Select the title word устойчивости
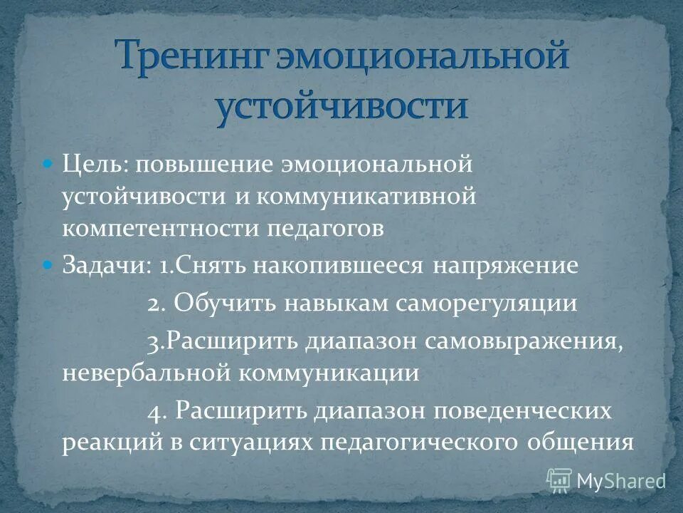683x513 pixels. [x=342, y=106]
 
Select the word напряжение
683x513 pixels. [x=504, y=266]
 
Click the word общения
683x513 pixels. [x=581, y=442]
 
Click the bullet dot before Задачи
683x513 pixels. [x=48, y=265]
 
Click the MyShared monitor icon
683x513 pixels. [x=558, y=480]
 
